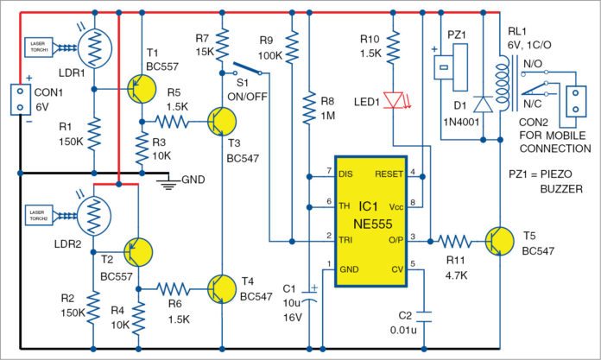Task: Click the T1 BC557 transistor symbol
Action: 141,87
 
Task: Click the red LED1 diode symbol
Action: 398,100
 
